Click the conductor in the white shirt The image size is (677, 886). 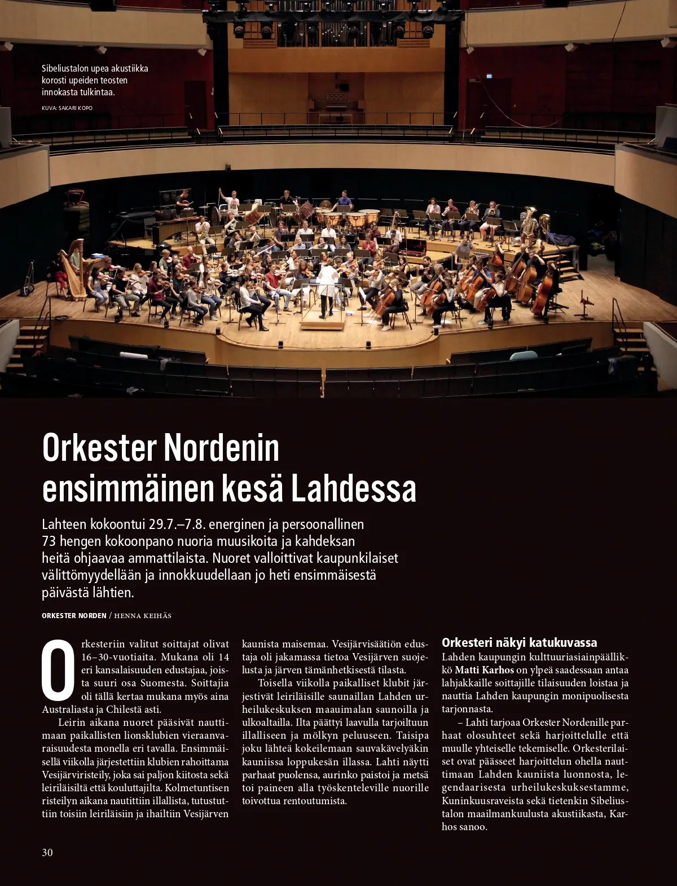[x=327, y=286]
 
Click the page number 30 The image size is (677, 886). [x=47, y=852]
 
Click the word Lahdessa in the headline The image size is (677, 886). [x=353, y=489]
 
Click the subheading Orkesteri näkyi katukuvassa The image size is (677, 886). [x=519, y=642]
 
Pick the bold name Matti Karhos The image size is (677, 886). [x=484, y=670]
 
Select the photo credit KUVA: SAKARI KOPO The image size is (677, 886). [x=67, y=108]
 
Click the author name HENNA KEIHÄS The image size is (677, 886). [x=143, y=616]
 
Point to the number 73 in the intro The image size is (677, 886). [x=49, y=541]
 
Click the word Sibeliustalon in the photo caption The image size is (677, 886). [x=65, y=69]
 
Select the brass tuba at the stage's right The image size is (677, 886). [x=529, y=222]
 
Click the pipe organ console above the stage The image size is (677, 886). [x=336, y=99]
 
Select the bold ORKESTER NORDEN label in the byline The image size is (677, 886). [x=74, y=616]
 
